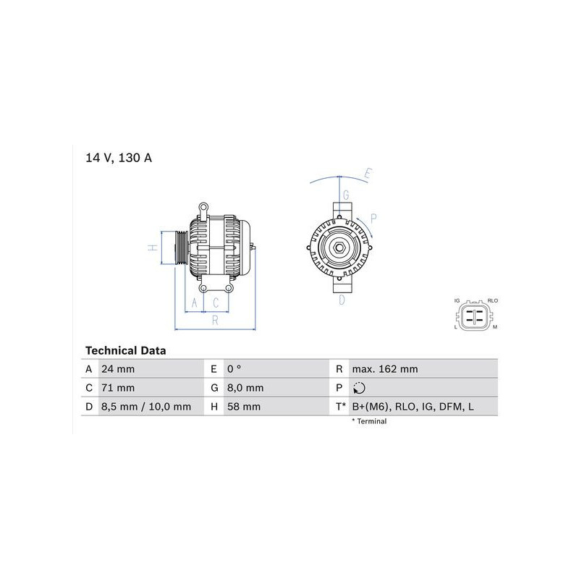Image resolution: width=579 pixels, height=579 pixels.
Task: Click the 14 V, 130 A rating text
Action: tap(119, 158)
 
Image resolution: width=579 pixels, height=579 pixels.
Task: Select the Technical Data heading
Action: tap(125, 350)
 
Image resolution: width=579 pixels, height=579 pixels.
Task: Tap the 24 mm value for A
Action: tap(118, 369)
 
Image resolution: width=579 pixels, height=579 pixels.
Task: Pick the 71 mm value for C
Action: tap(118, 388)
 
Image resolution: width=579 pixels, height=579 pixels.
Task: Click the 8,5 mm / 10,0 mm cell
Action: tap(146, 407)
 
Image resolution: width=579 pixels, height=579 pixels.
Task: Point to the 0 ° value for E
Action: tap(234, 369)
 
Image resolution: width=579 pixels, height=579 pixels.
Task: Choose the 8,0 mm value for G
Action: tap(245, 388)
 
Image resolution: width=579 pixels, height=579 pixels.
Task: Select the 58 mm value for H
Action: tap(244, 407)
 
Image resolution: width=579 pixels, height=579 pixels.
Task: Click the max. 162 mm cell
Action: tap(385, 369)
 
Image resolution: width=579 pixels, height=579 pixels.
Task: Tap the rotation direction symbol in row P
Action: tap(359, 388)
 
